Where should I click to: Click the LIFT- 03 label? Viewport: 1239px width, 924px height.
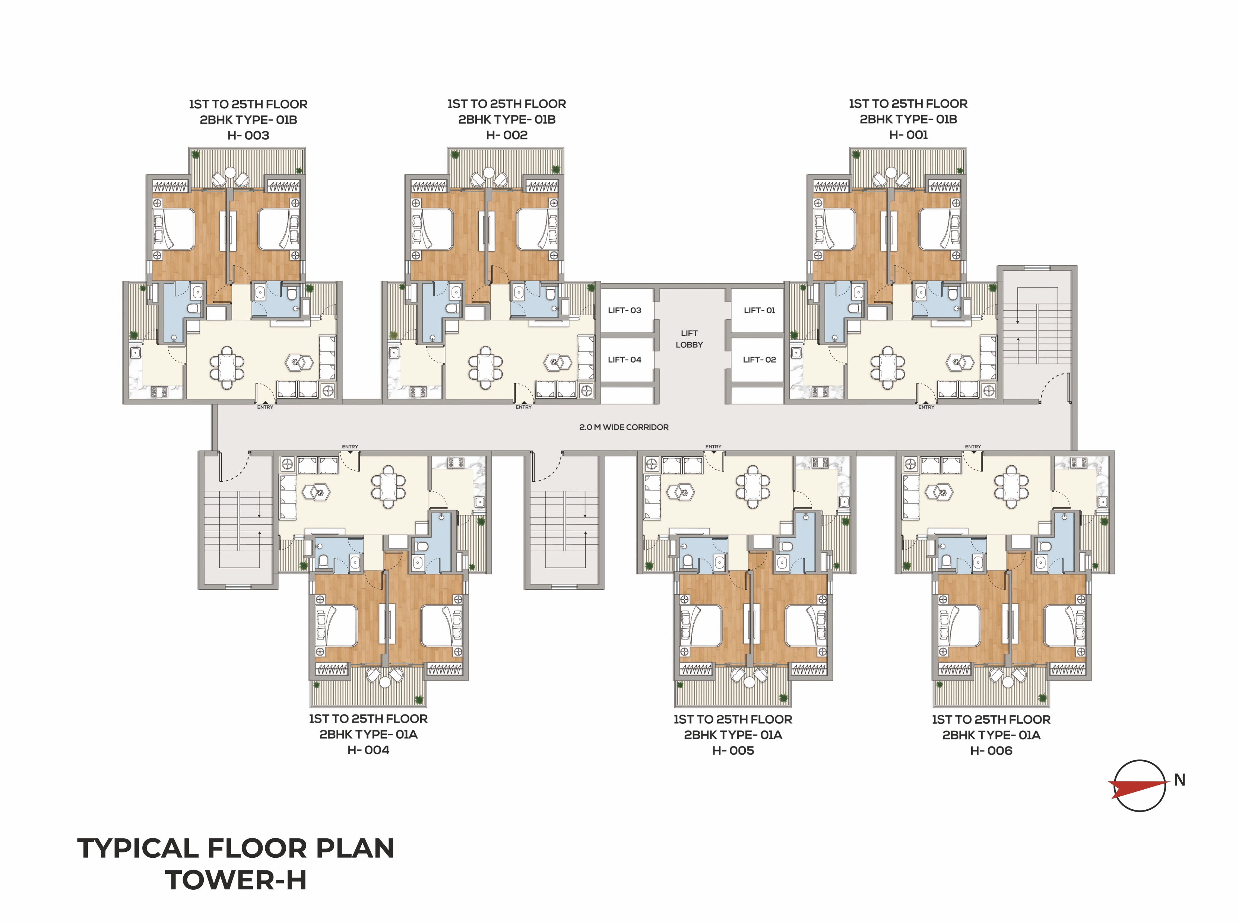pyautogui.click(x=625, y=310)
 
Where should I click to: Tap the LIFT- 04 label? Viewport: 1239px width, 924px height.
pyautogui.click(x=625, y=360)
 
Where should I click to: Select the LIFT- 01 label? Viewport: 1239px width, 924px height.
pyautogui.click(x=760, y=310)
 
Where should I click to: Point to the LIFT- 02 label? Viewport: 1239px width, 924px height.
pyautogui.click(x=760, y=360)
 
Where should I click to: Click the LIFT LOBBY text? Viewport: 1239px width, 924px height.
pyautogui.click(x=689, y=339)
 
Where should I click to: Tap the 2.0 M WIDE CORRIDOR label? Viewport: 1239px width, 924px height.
pyautogui.click(x=624, y=427)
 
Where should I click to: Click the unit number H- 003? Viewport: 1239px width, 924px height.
pyautogui.click(x=248, y=136)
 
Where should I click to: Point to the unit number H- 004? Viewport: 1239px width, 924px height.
pyautogui.click(x=368, y=750)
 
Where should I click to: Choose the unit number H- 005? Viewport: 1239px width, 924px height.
pyautogui.click(x=733, y=751)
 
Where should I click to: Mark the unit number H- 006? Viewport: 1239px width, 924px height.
pyautogui.click(x=991, y=751)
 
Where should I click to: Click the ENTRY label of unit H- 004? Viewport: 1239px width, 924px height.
pyautogui.click(x=350, y=447)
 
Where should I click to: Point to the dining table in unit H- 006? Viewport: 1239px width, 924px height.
pyautogui.click(x=1012, y=487)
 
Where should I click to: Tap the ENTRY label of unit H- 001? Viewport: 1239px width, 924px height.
pyautogui.click(x=926, y=407)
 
